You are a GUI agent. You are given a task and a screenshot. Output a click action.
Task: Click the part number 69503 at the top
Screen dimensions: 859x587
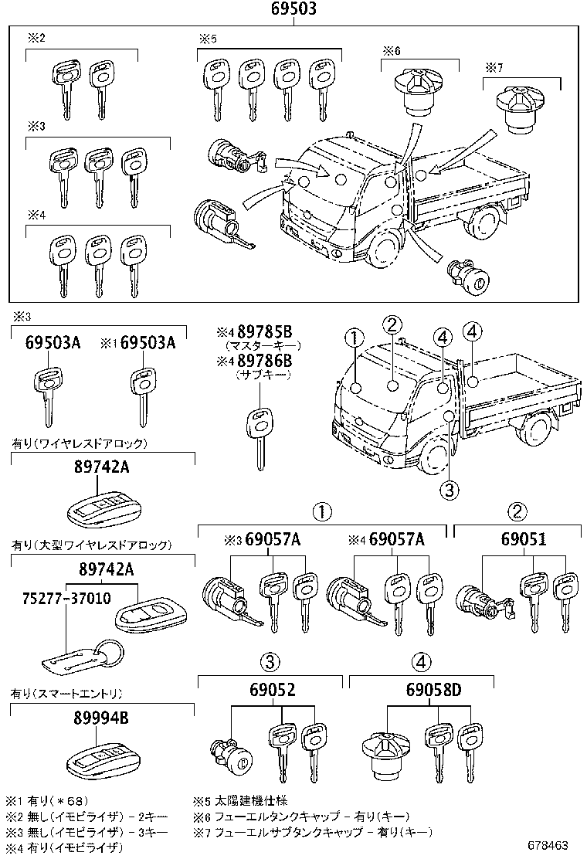[x=293, y=10]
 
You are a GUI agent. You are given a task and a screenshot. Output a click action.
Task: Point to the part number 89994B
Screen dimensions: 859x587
[x=103, y=718]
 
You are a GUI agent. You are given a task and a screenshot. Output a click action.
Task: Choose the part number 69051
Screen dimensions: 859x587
[x=523, y=540]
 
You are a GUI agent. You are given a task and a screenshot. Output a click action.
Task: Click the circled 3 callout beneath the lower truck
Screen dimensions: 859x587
[x=450, y=488]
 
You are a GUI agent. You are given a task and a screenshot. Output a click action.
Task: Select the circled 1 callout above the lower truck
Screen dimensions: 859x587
[x=354, y=338]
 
